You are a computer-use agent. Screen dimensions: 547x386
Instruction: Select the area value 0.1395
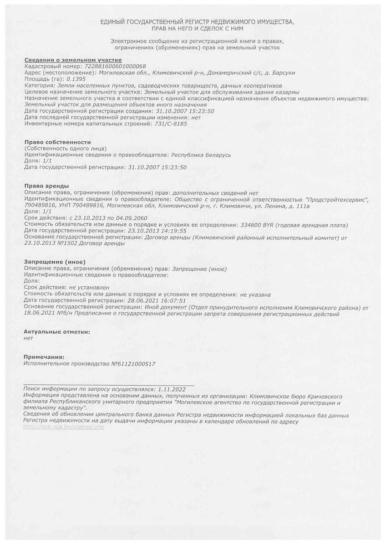[x=63, y=79]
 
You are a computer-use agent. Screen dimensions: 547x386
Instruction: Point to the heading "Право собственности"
[x=57, y=142]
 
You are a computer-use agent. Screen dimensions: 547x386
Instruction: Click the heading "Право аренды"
[x=46, y=186]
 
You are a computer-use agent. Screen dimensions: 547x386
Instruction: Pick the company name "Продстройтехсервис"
[x=337, y=199]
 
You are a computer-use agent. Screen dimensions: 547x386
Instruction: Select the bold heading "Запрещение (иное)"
[x=55, y=262]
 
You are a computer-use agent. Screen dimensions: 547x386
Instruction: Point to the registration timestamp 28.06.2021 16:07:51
[x=157, y=301]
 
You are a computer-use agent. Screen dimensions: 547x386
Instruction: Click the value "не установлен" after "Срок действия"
[x=89, y=288]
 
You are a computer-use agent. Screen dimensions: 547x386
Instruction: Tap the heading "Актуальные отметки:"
[x=57, y=332]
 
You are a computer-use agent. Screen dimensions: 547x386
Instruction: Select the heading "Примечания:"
[x=44, y=357]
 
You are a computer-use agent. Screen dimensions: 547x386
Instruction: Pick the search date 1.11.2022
[x=172, y=389]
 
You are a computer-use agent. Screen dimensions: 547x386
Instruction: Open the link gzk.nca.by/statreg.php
[x=64, y=427]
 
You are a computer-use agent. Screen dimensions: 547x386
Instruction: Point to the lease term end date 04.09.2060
[x=132, y=218]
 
